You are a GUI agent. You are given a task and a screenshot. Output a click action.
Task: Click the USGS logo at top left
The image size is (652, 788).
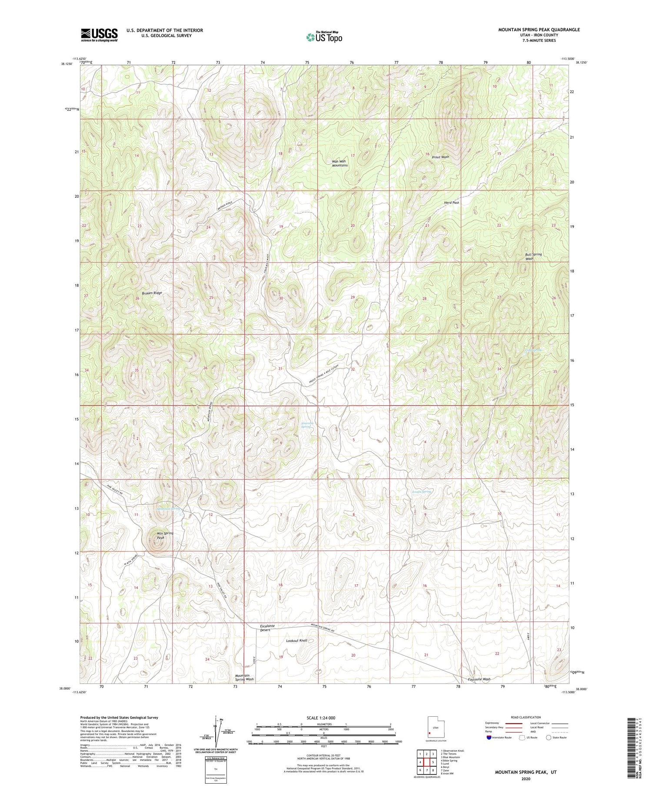point(99,35)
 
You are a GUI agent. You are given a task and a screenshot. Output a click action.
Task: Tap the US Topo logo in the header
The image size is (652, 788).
point(324,37)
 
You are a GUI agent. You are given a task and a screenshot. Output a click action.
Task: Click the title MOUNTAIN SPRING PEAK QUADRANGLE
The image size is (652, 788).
point(539,30)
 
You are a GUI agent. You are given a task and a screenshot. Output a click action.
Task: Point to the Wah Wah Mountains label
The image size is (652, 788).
point(340,163)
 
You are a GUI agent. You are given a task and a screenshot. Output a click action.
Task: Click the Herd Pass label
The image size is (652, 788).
point(451,203)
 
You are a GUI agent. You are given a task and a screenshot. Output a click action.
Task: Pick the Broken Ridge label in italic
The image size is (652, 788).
point(152,293)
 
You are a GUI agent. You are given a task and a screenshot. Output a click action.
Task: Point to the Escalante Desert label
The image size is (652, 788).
point(267,628)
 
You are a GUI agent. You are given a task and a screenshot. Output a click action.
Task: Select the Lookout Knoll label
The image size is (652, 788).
point(296,641)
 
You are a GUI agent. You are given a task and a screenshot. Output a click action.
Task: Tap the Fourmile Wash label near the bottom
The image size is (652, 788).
point(476,679)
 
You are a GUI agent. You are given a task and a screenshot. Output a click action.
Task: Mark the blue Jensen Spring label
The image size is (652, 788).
point(421,492)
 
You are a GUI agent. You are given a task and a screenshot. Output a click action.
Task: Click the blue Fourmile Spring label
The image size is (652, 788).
point(306,425)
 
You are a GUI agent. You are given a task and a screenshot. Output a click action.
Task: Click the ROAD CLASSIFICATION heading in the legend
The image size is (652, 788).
point(526,717)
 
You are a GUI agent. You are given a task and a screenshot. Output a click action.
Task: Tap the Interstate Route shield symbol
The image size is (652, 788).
point(489,738)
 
